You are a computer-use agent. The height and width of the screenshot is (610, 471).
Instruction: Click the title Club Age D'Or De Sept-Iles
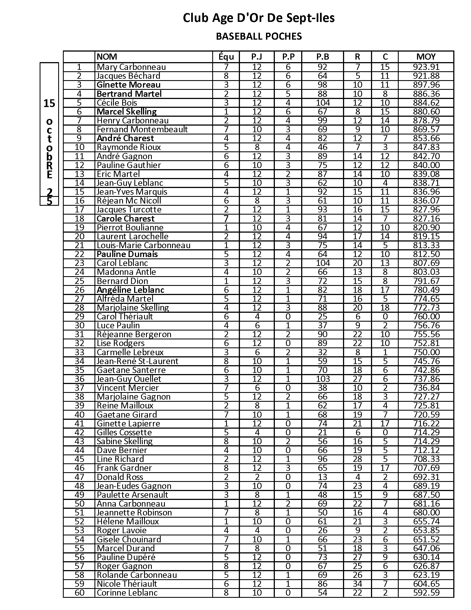[x=259, y=18]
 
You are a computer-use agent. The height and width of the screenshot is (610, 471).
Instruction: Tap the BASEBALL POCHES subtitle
[x=259, y=36]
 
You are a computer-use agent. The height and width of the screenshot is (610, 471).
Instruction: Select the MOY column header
[x=426, y=57]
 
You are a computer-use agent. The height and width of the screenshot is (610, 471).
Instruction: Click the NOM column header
[x=107, y=57]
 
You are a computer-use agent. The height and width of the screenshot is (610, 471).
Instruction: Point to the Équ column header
[x=226, y=57]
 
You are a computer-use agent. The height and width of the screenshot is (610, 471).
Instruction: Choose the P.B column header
[x=322, y=57]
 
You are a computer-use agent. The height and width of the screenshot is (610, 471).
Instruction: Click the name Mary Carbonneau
[x=131, y=67]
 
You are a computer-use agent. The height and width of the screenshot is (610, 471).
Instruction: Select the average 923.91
[x=426, y=67]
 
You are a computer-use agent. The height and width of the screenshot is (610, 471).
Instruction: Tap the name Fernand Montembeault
[x=142, y=129]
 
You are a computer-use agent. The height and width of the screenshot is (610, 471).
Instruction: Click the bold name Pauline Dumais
[x=127, y=254]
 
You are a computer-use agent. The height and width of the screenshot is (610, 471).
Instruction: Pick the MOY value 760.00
[x=426, y=316]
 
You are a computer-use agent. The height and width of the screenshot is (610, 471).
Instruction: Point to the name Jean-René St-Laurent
[x=137, y=361]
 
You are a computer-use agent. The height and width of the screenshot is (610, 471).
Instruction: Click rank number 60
[x=80, y=593]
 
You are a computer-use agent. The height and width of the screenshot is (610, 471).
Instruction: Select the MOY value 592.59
[x=426, y=593]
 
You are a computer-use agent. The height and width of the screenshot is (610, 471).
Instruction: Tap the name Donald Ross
[x=120, y=477]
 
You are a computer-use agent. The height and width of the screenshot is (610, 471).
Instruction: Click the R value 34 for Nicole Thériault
[x=357, y=584]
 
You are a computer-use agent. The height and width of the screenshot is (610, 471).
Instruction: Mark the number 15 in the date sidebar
[x=49, y=104]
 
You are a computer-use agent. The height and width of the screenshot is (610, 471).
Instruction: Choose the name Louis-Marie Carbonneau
[x=144, y=245]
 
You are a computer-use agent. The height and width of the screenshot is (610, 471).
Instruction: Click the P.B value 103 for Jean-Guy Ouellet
[x=322, y=379]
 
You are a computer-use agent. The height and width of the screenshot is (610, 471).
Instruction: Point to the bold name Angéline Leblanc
[x=130, y=290]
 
